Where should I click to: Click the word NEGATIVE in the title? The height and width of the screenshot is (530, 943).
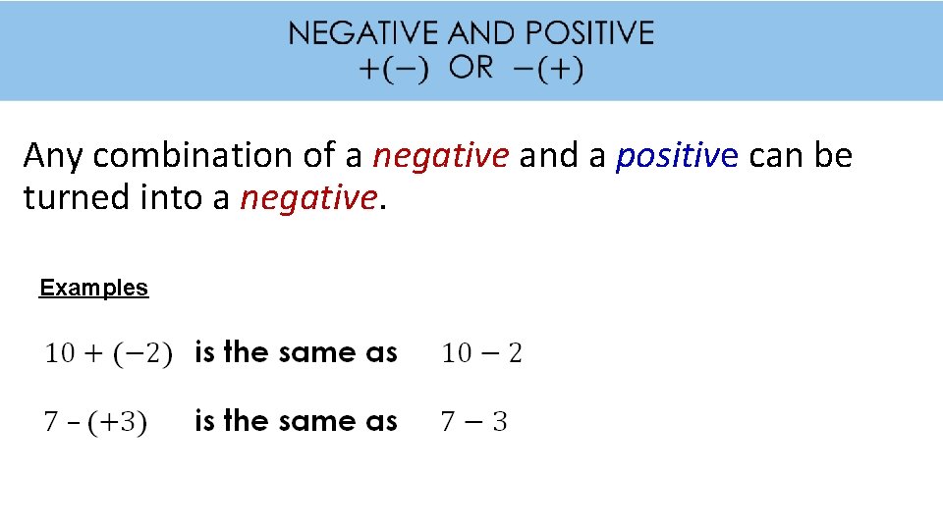click(363, 33)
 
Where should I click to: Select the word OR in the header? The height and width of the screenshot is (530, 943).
click(471, 69)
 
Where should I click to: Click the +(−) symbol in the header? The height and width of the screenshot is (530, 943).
click(393, 71)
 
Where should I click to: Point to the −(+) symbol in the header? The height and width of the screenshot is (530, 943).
click(547, 71)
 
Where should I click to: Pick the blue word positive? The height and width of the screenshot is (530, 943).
click(677, 155)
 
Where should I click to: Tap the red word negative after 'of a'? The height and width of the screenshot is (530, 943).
click(441, 155)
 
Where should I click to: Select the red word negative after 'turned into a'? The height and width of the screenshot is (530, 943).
click(307, 198)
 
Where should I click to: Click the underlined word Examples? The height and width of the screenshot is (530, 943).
click(93, 288)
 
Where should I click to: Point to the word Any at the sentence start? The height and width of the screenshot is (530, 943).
click(55, 155)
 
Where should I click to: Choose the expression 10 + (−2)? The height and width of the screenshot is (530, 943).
click(108, 353)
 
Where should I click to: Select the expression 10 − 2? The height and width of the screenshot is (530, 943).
click(481, 353)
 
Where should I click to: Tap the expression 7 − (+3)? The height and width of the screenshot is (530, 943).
click(95, 422)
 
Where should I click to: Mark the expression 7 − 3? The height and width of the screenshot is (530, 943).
click(473, 422)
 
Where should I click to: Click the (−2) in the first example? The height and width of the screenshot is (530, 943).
click(144, 353)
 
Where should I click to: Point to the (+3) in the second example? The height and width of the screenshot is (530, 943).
click(117, 422)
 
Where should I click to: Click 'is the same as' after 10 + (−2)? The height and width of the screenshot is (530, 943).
click(296, 352)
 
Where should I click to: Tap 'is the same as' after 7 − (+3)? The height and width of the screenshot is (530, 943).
click(296, 421)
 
